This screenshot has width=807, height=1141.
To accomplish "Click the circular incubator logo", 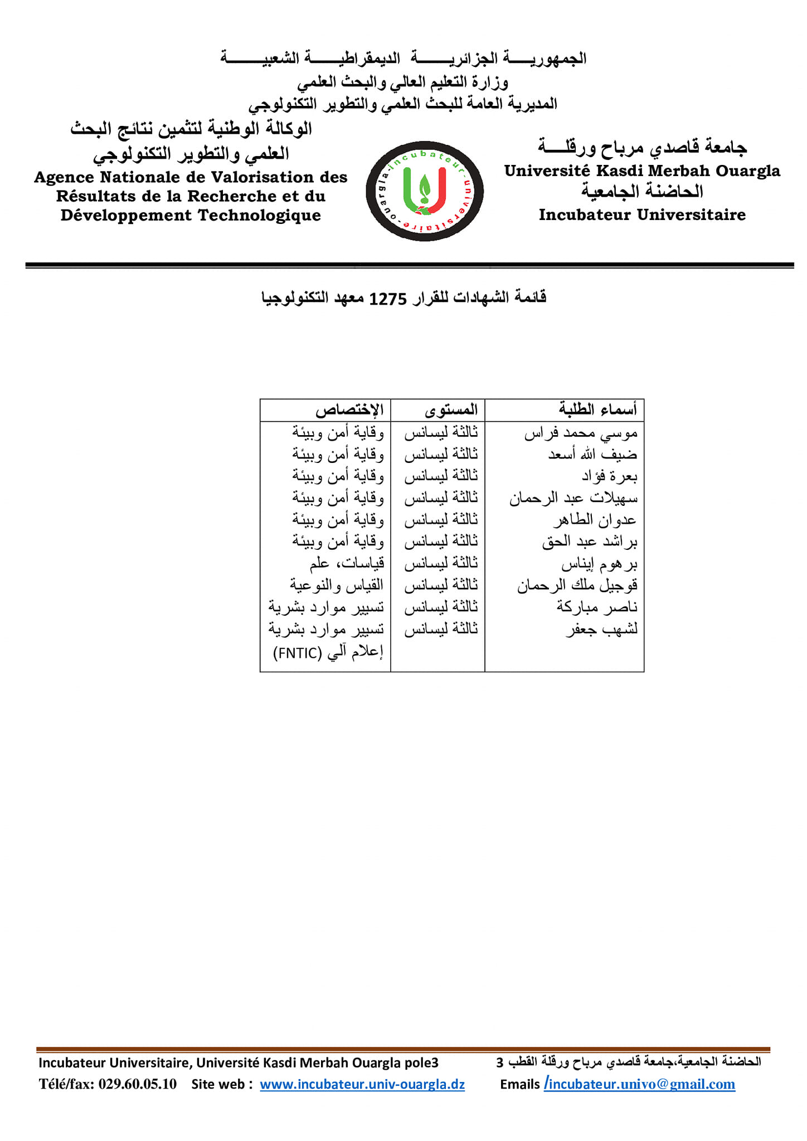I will coord(424,191).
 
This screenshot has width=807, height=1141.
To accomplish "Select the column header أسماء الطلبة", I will coord(597,410).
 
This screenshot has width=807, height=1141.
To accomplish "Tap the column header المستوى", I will coord(451,411).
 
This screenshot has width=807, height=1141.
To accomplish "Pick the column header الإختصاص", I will coord(349,411).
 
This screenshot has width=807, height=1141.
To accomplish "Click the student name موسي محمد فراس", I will coord(580,433).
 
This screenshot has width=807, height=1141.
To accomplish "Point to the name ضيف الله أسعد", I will coord(592,455).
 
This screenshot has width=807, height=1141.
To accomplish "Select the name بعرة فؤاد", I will coord(609,476).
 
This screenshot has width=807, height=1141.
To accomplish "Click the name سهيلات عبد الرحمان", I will coord(573,498).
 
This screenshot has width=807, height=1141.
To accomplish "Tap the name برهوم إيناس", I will coord(599,564).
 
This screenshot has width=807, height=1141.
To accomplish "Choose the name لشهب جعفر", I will coord(601,630).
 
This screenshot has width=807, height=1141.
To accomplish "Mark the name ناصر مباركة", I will coord(596,607).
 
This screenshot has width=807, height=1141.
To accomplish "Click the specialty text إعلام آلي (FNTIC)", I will coord(328,652).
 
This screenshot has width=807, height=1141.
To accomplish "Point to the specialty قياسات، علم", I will coord(347,564).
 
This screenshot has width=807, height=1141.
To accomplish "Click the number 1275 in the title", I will coord(388,299).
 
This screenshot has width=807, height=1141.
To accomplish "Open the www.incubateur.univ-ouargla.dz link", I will coord(362,1084).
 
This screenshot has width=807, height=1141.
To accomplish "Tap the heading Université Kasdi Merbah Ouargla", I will coord(642,170).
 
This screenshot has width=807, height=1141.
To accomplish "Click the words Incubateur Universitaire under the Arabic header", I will coord(642,214).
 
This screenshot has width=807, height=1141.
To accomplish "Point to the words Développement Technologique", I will coord(191,216).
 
